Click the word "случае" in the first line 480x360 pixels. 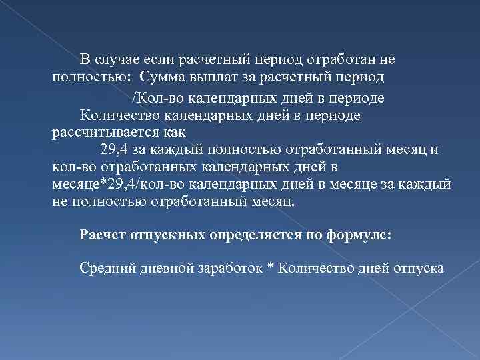pos(115,59)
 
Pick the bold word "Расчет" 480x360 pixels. pos(99,235)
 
